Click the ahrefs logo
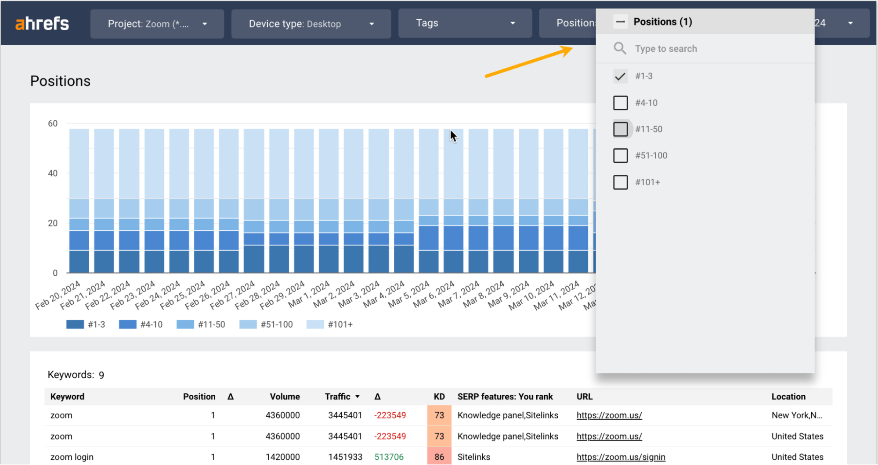(42, 23)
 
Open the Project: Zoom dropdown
(157, 24)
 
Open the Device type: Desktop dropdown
(311, 24)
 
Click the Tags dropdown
(465, 23)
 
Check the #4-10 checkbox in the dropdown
(620, 103)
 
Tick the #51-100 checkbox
(620, 155)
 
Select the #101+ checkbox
(620, 182)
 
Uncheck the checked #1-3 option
(620, 76)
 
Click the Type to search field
(703, 49)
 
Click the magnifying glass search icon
(620, 48)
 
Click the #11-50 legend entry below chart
(201, 324)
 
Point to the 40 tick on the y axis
(53, 173)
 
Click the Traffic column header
(338, 397)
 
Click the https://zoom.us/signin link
(621, 457)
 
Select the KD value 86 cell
(439, 457)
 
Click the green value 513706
(389, 457)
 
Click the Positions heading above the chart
(60, 81)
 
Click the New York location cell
(796, 415)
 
